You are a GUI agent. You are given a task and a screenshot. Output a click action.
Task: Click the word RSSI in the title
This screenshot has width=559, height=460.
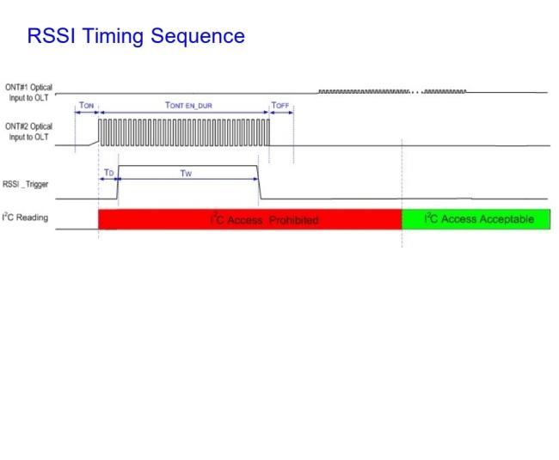point(52,35)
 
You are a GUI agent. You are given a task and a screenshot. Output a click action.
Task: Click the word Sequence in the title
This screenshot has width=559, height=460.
point(198,37)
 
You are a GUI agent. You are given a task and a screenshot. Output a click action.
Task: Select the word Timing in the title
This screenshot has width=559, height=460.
point(113,37)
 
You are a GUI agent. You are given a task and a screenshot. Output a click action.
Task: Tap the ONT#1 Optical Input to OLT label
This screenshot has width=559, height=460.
point(28,92)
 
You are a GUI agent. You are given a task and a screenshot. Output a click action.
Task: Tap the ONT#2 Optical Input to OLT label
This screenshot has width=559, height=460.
point(28,132)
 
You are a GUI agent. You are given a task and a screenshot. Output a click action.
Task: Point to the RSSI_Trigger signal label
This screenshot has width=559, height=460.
point(25,184)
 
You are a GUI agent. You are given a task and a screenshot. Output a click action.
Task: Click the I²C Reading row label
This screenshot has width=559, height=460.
point(25,217)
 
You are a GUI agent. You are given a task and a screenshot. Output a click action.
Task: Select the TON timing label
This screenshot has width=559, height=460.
point(86,105)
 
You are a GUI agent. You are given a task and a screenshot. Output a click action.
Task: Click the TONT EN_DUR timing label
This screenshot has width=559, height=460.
point(188,105)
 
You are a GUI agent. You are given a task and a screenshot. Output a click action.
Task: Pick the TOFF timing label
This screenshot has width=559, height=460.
point(280,105)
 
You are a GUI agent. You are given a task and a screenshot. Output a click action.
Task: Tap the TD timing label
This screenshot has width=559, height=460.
point(108,173)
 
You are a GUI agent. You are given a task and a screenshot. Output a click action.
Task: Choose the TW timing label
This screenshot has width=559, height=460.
point(186,174)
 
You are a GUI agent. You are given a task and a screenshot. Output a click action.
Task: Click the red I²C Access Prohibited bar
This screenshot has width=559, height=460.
point(250,219)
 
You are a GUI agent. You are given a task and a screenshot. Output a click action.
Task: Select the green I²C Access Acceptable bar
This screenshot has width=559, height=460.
point(476,219)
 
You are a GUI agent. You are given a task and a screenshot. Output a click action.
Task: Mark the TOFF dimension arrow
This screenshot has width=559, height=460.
point(281,113)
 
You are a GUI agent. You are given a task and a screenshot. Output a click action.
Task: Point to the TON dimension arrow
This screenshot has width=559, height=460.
point(87,113)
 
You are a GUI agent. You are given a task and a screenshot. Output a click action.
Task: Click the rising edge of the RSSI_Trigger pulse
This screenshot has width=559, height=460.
point(117,182)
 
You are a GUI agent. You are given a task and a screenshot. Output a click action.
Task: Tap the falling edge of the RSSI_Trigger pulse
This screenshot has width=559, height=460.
point(259,182)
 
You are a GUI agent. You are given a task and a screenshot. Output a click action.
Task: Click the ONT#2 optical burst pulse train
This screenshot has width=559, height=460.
point(184,132)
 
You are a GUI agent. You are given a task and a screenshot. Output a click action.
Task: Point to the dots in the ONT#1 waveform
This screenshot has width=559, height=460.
point(416,92)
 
